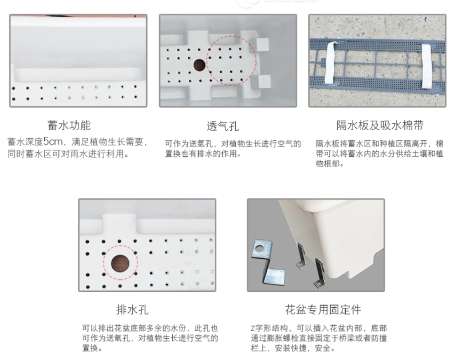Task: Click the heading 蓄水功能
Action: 69,125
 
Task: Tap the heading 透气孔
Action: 223,126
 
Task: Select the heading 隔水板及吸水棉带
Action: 380,125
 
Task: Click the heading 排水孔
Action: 132,310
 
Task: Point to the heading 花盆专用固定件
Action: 323,310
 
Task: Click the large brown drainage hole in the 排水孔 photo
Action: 120,263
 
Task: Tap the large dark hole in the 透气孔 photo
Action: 199,65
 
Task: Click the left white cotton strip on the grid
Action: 331,62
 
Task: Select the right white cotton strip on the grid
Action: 427,66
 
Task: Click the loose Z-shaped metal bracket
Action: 267,262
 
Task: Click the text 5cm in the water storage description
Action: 53,142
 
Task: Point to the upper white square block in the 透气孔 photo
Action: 262,45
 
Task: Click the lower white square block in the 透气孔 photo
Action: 264,81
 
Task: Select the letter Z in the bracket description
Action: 252,329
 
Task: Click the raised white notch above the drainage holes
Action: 119,223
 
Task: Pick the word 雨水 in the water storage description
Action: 79,153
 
